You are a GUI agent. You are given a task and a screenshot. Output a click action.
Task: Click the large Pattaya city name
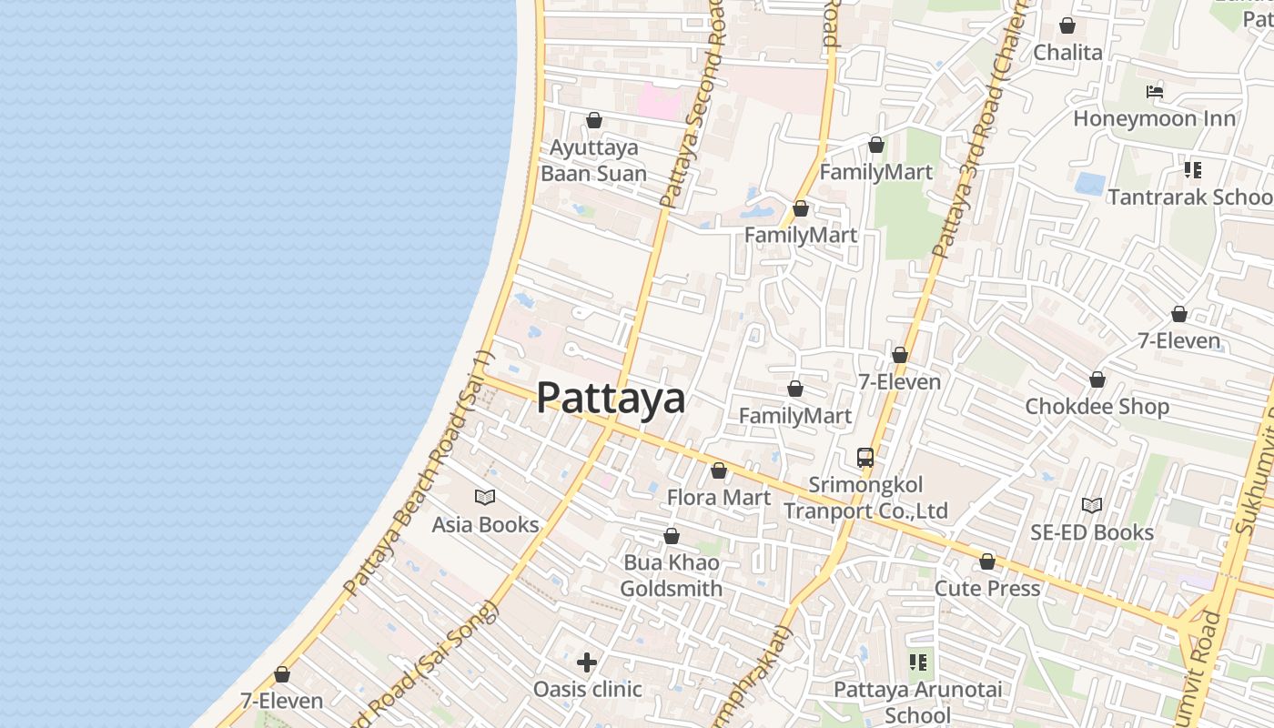point(611,398)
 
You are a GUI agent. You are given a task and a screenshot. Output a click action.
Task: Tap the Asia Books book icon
point(485,497)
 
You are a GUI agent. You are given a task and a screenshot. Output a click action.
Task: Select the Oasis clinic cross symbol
point(587,662)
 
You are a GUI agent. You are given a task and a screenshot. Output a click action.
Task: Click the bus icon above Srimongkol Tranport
point(865,458)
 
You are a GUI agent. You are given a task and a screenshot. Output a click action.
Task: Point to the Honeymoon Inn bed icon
point(1154,91)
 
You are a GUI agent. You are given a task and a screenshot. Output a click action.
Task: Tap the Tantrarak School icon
point(1193,169)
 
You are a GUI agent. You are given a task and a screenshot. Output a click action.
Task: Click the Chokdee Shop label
point(1097,406)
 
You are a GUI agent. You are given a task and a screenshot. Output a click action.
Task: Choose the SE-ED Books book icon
point(1092,505)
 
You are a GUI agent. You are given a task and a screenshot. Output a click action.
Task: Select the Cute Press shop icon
point(987,561)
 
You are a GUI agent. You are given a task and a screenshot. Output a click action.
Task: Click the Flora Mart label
point(719,498)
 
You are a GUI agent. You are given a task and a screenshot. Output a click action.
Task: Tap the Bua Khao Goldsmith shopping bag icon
point(672,536)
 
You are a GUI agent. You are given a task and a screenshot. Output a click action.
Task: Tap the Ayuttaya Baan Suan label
point(594,160)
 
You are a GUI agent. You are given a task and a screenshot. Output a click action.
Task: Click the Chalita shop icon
point(1067,25)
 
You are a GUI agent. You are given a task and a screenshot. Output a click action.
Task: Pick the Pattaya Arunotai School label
point(918,703)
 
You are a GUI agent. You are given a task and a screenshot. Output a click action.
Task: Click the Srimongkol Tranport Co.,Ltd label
point(866,498)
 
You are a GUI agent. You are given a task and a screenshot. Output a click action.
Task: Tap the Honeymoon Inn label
point(1154,118)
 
